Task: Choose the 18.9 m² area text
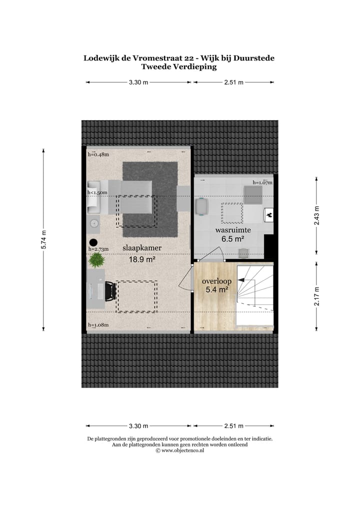[x=143, y=259]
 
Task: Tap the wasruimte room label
[x=233, y=230]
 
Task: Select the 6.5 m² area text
[x=233, y=239]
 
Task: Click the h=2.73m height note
[x=98, y=249]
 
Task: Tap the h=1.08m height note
[x=98, y=325]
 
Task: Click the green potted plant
[x=96, y=260]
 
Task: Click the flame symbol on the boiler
[x=268, y=215]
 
